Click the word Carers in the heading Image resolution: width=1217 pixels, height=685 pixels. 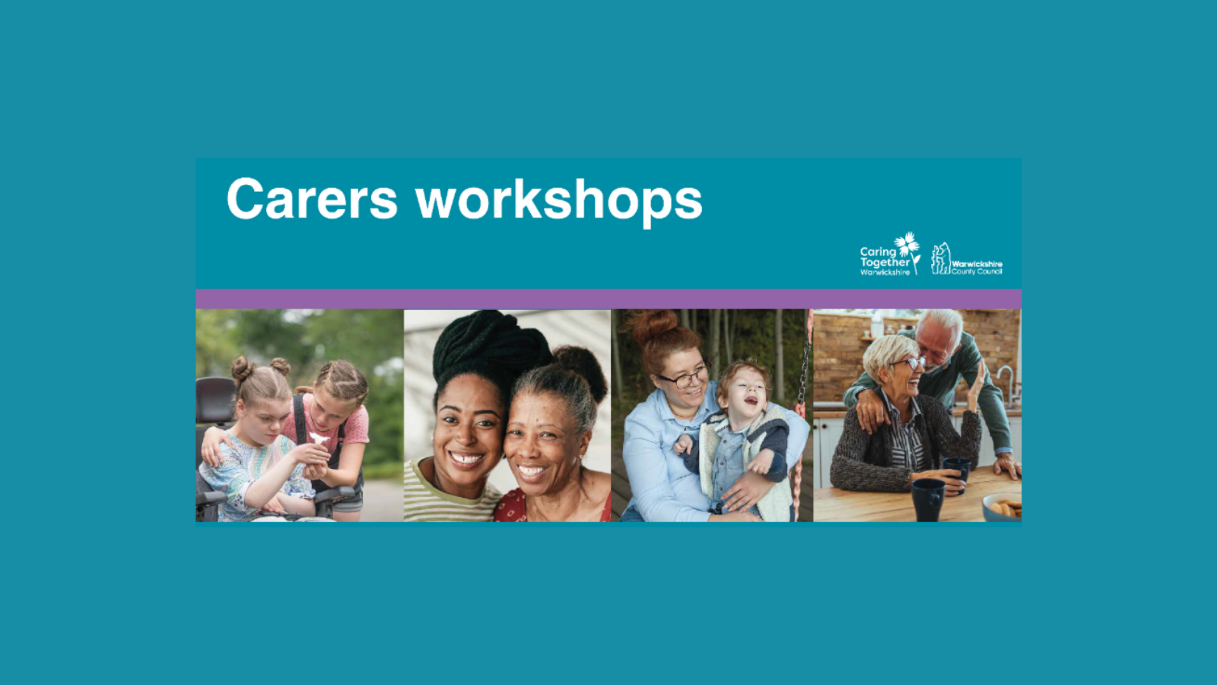point(313,199)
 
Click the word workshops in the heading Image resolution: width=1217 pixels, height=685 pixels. point(559,201)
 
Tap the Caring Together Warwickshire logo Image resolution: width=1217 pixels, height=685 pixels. point(890,254)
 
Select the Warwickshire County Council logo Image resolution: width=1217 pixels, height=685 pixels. point(967,260)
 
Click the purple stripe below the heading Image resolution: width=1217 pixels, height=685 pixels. point(608,299)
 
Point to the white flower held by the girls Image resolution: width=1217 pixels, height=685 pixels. point(319,438)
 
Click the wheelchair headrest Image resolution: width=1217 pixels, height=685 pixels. point(215,400)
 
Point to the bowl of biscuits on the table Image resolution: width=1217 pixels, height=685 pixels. point(1002,508)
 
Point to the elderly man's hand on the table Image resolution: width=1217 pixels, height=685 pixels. point(1007,466)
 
